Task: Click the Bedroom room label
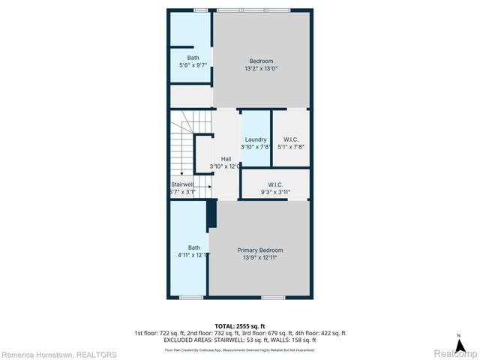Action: tap(261, 61)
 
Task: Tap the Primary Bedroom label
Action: tap(260, 250)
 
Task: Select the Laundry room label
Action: tap(256, 139)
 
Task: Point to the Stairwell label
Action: tap(183, 184)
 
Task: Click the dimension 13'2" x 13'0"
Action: tap(261, 69)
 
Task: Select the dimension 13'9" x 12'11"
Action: tap(260, 258)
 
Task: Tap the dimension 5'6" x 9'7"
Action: tap(193, 66)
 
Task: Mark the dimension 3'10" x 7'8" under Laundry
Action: tap(256, 147)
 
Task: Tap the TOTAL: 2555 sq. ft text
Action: tap(240, 326)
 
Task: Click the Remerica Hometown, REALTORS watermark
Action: tap(59, 354)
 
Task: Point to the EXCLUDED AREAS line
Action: tap(240, 340)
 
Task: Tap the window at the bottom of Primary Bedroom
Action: tap(272, 298)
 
